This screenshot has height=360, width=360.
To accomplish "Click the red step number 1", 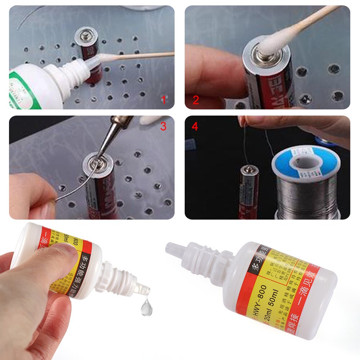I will [x=163, y=100].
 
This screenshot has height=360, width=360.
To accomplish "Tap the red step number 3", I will [x=163, y=126].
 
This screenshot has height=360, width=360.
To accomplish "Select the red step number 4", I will [x=195, y=127].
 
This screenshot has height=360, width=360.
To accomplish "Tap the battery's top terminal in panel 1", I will [x=86, y=36].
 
